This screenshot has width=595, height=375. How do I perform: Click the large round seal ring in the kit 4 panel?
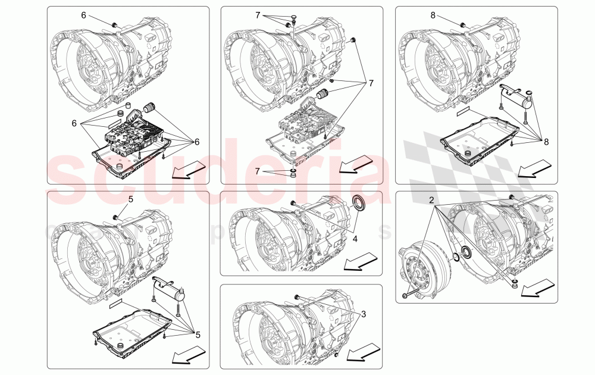pos(361,204)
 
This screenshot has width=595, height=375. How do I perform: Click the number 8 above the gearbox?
pos(433,14)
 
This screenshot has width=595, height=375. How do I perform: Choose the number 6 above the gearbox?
pos(84,14)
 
